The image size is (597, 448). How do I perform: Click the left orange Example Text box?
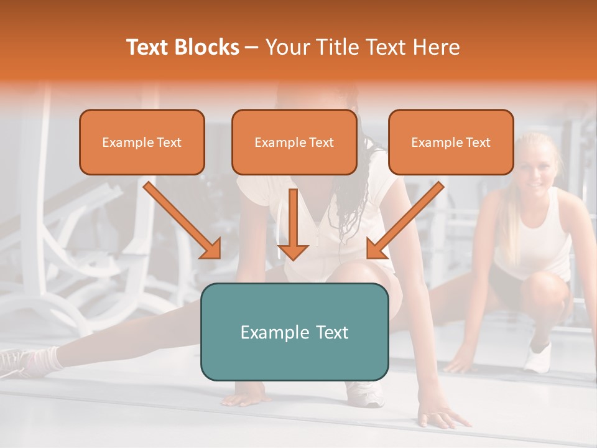pos(142,142)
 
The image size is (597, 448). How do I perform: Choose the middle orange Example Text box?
pos(294,142)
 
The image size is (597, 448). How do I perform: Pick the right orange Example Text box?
pos(451,142)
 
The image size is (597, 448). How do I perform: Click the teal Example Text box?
pos(294,332)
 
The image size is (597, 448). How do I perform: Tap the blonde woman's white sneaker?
pos(538,357)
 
